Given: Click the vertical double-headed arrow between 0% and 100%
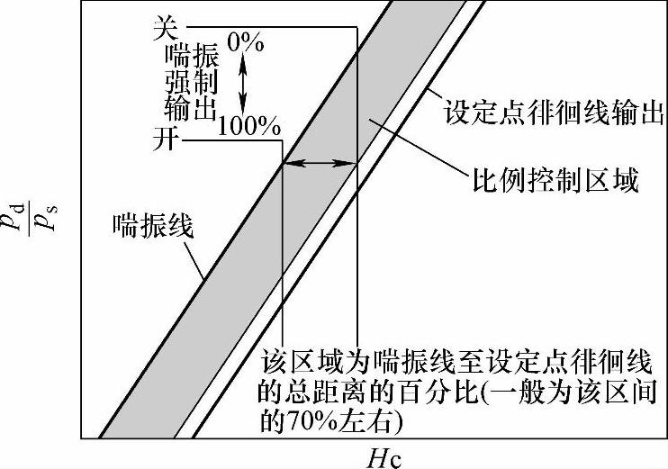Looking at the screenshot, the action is (241, 83).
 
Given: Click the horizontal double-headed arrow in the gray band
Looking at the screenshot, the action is (320, 163).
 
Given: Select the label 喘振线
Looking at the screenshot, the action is (153, 224).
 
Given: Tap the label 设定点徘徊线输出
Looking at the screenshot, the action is (554, 115).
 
